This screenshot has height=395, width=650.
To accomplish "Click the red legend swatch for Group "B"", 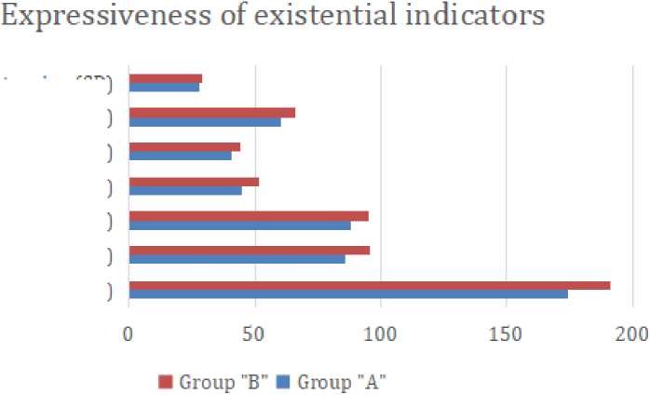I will pyautogui.click(x=167, y=381).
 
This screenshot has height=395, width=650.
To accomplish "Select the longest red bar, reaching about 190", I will pyautogui.click(x=369, y=285).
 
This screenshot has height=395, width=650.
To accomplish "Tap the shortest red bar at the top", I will pyautogui.click(x=165, y=78).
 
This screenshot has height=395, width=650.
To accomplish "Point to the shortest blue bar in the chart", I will pyautogui.click(x=163, y=88).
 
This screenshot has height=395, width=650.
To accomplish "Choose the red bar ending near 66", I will pyautogui.click(x=211, y=113).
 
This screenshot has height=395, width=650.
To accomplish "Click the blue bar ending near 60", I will pyautogui.click(x=204, y=122).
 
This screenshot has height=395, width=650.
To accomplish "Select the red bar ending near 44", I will pyautogui.click(x=183, y=147).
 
